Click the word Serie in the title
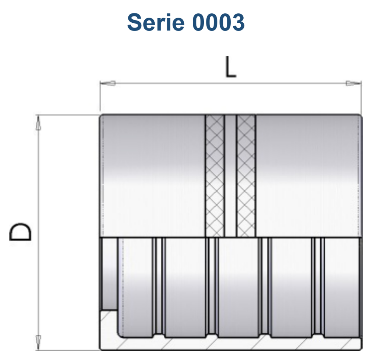(155, 22)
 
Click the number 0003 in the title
(218, 22)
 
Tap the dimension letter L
(231, 67)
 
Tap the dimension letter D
(20, 232)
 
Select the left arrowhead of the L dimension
(108, 83)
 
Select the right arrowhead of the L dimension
(353, 83)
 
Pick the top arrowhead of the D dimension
(38, 123)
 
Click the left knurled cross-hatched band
(215, 176)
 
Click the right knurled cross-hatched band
(246, 176)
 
